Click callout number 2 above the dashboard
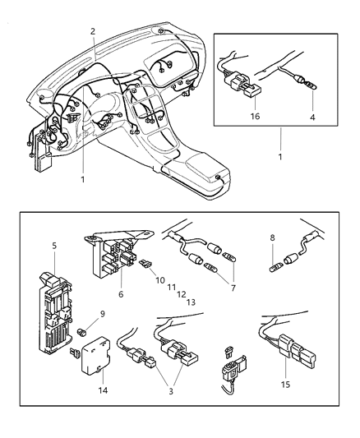93,31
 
